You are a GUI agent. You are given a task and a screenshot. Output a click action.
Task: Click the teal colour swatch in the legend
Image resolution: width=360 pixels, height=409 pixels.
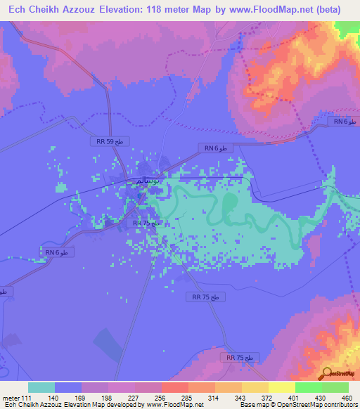tap(41, 387)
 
